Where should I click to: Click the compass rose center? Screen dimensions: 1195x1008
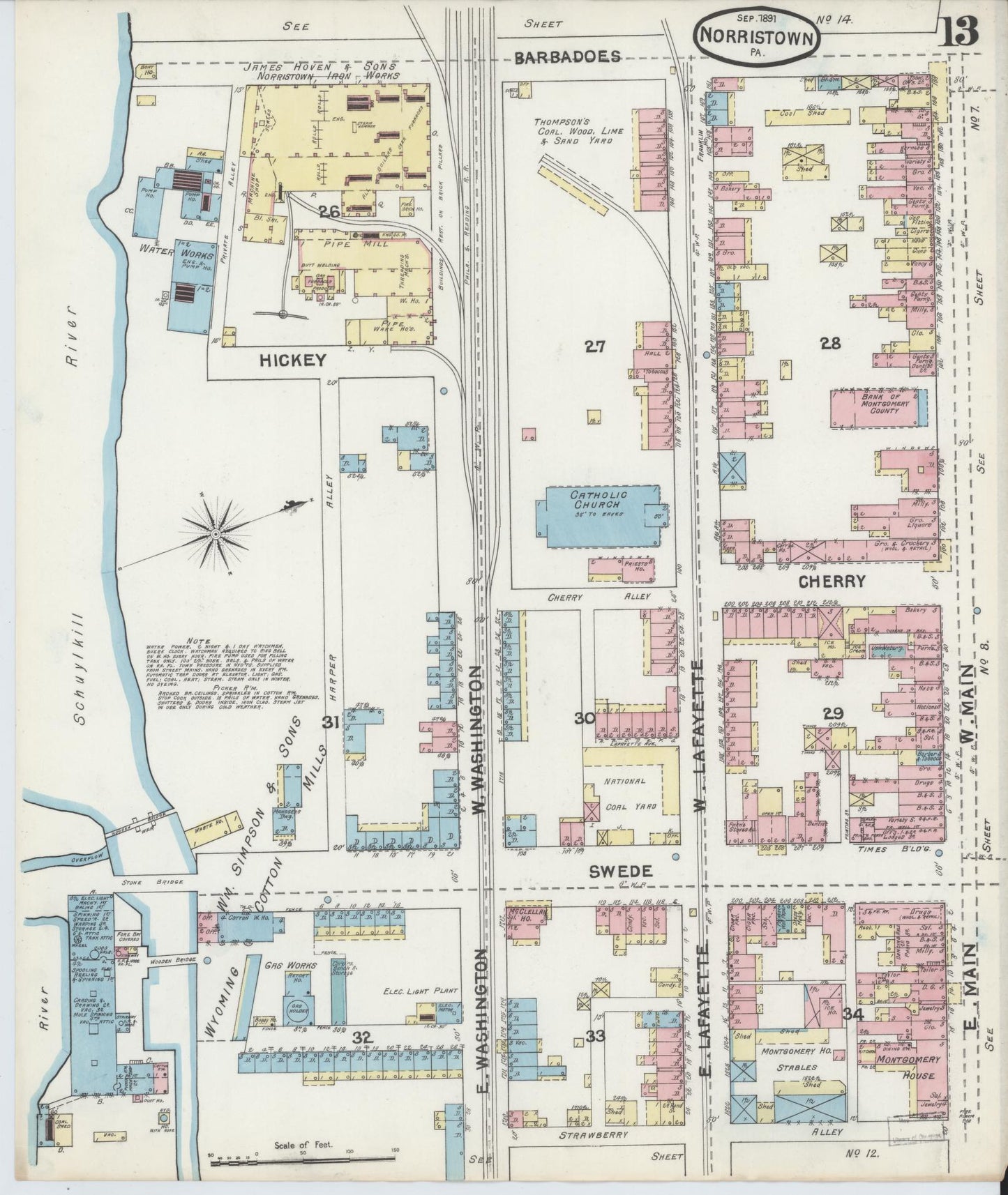pos(216,535)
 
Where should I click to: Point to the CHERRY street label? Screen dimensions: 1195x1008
pos(832,580)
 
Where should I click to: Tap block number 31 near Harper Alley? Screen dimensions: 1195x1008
pos(330,723)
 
